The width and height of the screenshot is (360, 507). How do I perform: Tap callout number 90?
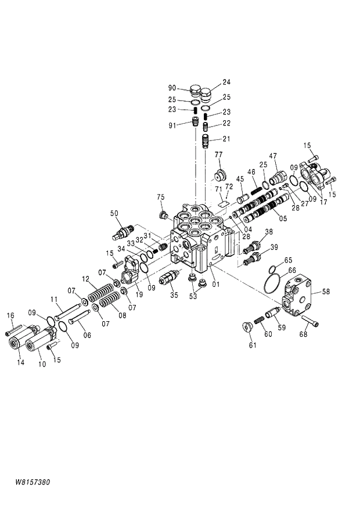[x=172, y=88]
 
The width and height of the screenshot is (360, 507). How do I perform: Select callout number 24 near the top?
[x=226, y=82]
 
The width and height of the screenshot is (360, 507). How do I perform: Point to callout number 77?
[x=219, y=154]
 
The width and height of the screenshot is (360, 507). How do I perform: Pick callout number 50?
[x=114, y=213]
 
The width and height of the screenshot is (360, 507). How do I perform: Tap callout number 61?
[x=252, y=346]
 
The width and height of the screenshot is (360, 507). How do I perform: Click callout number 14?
[x=21, y=363]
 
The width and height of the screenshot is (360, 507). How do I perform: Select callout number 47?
[x=272, y=156]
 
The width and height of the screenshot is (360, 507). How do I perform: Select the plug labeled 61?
[x=246, y=326]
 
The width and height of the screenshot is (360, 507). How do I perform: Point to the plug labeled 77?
[x=219, y=175]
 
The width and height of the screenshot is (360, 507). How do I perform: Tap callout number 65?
[x=288, y=260]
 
